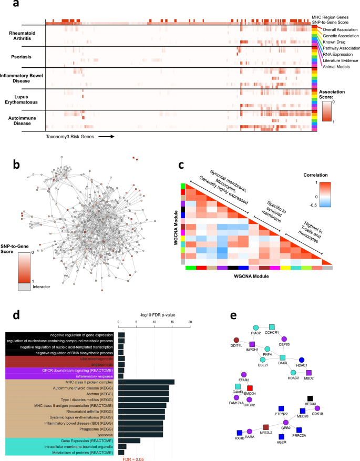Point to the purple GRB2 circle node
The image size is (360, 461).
pos(285,422)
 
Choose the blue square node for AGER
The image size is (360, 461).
pos(281,436)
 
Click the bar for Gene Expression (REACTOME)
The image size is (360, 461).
pos(129,440)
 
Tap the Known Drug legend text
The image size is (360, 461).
pos(337,42)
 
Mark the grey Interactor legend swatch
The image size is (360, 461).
pos(25,287)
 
